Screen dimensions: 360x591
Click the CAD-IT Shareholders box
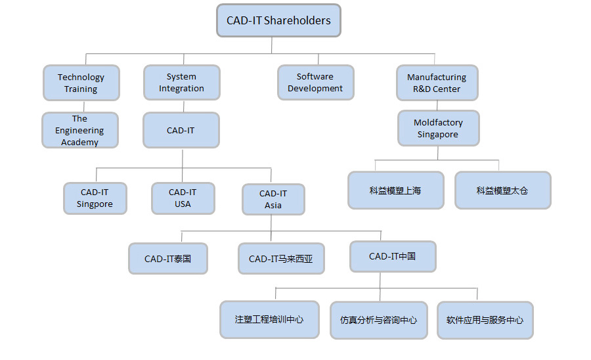point(278,20)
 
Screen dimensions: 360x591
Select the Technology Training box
point(81,83)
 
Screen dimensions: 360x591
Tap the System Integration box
point(181,82)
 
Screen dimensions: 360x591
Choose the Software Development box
point(315,82)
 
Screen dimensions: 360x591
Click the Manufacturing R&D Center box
point(437,83)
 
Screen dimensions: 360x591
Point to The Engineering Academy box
point(80,130)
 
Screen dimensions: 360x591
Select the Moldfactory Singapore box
point(438,128)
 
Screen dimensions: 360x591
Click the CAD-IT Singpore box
point(95,198)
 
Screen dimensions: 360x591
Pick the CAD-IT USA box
point(183,198)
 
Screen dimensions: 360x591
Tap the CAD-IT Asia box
point(273,199)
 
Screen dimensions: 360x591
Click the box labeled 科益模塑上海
point(395,191)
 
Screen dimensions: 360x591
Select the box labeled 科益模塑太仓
point(502,191)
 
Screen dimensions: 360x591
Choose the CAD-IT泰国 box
point(167,258)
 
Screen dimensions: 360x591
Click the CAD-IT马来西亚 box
point(281,258)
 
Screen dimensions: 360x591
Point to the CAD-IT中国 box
point(393,256)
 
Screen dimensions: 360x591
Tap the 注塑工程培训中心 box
point(269,320)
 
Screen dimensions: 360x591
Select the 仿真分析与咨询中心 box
point(379,320)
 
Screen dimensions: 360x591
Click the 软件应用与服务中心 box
point(485,320)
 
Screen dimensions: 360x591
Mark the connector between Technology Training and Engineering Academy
point(81,106)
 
